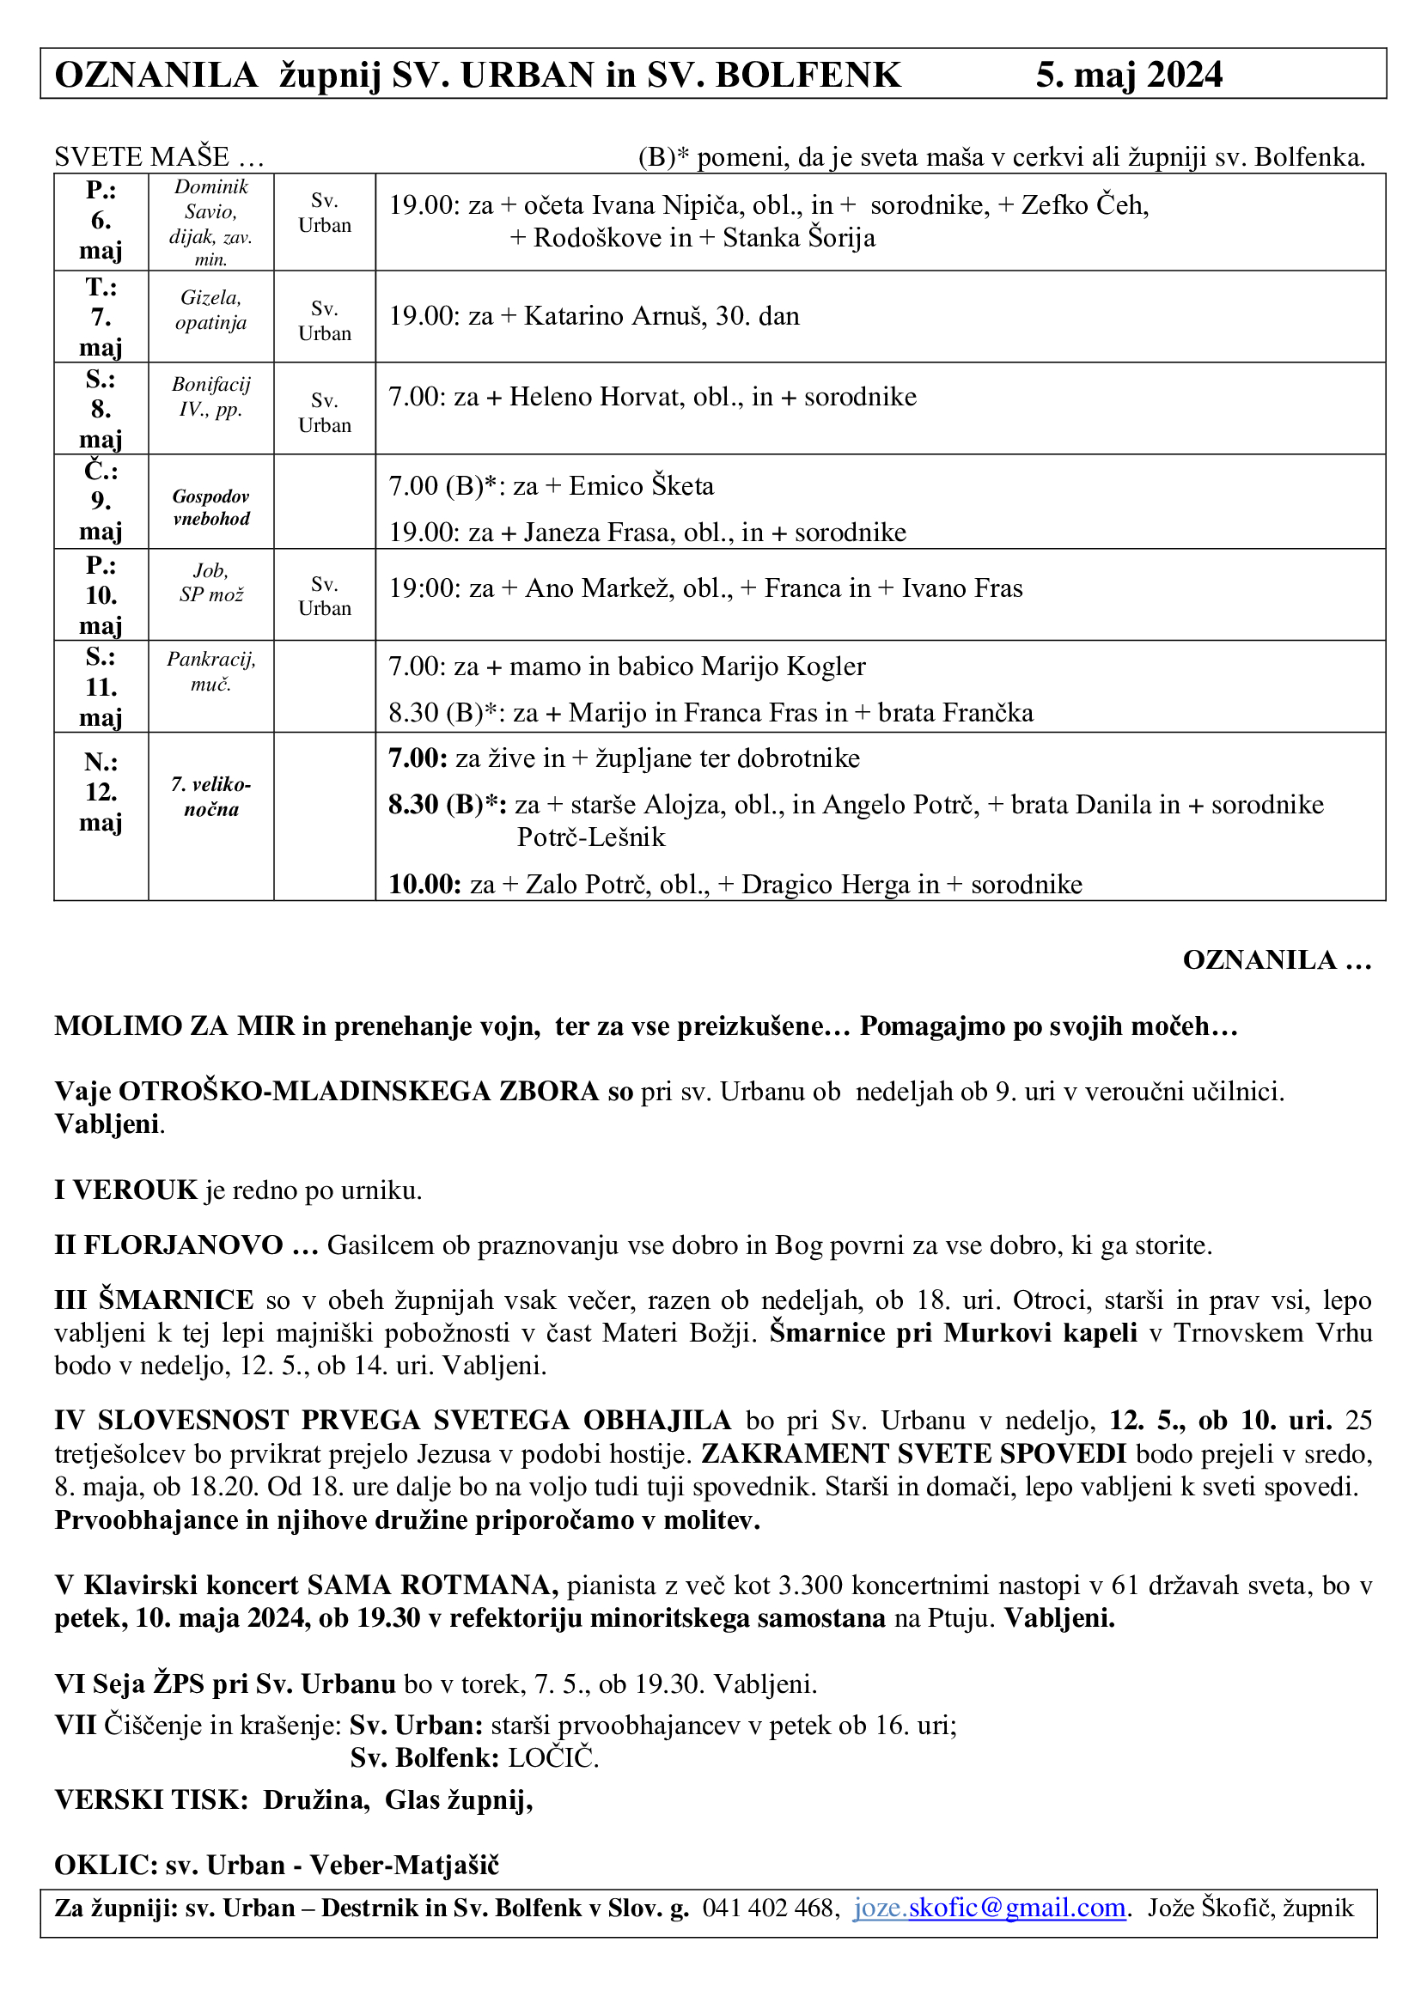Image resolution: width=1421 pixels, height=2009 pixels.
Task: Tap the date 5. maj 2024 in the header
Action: coord(1129,76)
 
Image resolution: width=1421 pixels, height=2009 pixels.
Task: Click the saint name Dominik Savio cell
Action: coord(210,222)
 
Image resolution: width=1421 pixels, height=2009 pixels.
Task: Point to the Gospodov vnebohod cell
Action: coord(210,508)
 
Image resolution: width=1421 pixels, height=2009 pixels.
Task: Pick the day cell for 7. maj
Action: coord(101,317)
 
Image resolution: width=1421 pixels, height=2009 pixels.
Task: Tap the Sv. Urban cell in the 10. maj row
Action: coord(325,596)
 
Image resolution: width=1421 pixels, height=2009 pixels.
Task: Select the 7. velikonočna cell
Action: coord(210,796)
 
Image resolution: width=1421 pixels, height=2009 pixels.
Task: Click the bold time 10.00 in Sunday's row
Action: coord(424,884)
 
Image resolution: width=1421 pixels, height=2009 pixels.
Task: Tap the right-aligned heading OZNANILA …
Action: coord(1277,960)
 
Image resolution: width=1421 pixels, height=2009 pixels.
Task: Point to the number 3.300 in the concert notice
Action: coord(810,1585)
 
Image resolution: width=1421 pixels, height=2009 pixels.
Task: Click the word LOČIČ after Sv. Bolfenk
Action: coord(553,1758)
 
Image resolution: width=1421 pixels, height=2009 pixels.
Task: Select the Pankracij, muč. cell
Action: coord(210,672)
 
